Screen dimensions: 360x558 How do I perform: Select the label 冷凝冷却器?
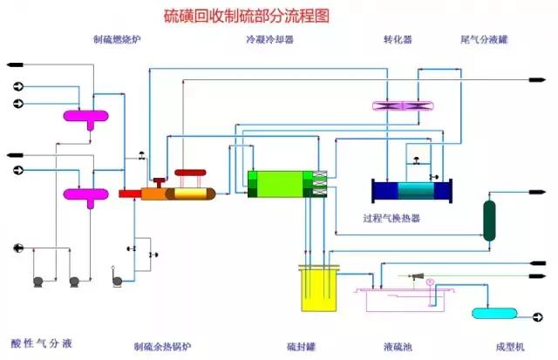[269, 39]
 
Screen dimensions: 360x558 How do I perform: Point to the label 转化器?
[398, 39]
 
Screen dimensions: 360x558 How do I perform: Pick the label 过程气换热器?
[391, 219]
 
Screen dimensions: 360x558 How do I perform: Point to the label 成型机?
[507, 346]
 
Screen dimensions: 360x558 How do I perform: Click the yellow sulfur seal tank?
[317, 289]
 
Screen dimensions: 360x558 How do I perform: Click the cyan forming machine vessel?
[493, 313]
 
